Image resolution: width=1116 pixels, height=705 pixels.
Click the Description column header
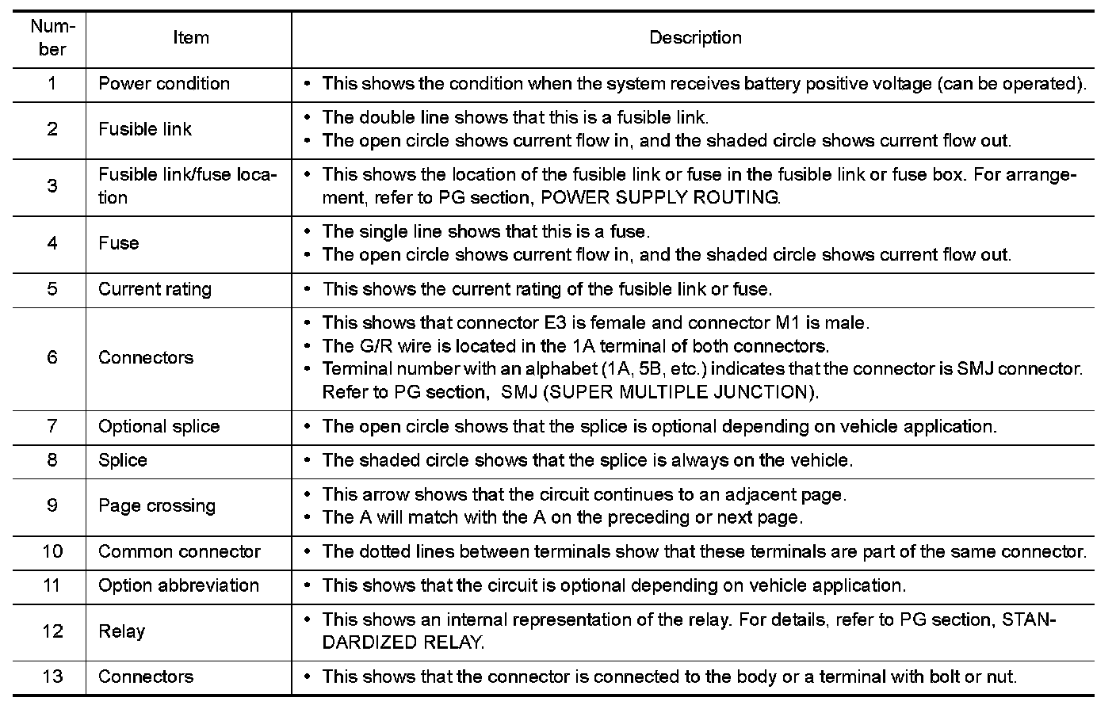695,38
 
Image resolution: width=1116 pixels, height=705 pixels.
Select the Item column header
190,38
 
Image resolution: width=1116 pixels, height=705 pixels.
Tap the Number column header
52,38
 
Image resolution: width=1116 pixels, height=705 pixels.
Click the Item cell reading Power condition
164,84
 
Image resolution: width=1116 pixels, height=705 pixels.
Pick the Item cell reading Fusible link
145,129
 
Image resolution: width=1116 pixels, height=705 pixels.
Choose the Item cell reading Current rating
155,289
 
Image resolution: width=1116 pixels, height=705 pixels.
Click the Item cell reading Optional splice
159,426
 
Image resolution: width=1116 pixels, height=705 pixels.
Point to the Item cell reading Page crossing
157,505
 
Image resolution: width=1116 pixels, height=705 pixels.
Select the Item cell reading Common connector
179,551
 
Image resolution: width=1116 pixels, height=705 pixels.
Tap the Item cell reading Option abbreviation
178,585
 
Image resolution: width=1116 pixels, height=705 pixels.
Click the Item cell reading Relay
122,631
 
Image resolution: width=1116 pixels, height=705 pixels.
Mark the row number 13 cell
52,676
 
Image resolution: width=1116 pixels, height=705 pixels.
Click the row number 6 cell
52,357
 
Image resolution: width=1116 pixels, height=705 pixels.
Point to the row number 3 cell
52,186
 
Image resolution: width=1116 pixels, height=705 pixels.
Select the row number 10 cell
52,551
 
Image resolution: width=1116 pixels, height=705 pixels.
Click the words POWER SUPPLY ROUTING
659,198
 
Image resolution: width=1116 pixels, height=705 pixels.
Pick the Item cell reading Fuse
119,243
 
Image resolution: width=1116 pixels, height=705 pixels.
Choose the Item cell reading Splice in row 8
123,460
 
